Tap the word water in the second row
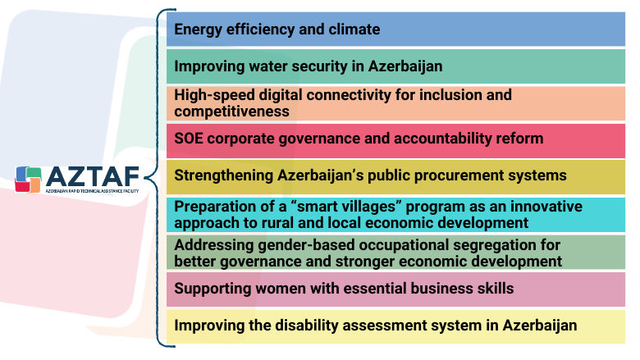[x=269, y=66]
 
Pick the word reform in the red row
[x=520, y=138]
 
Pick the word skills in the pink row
[x=492, y=288]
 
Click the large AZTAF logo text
[x=89, y=175]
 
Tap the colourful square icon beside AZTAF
[x=29, y=178]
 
